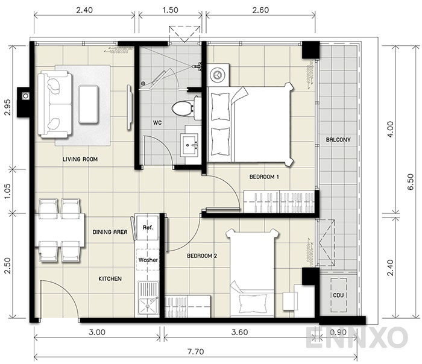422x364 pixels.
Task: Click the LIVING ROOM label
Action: coord(80,160)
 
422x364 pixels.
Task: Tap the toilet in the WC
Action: coord(181,108)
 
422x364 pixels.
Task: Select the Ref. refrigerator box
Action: coord(148,228)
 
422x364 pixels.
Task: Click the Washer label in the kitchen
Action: coord(148,260)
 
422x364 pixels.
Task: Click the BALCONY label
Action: coord(338,140)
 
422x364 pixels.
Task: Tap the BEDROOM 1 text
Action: coord(264,177)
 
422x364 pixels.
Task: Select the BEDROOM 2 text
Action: coord(201,256)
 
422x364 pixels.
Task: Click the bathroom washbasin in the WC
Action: coord(192,145)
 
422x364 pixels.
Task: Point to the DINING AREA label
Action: coord(110,231)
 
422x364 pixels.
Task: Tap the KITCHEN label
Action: coord(110,279)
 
